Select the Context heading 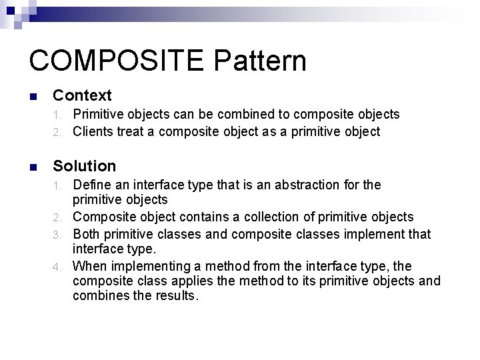(82, 96)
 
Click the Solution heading (84, 166)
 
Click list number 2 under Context (59, 132)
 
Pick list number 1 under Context (59, 115)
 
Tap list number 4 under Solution (59, 267)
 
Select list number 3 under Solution (59, 235)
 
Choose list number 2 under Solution (59, 217)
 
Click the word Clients (92, 131)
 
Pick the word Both (85, 234)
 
